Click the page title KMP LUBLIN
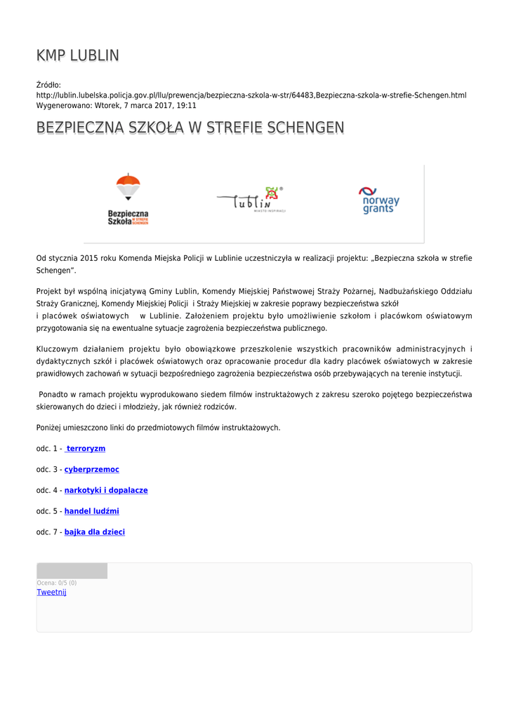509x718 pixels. (78, 55)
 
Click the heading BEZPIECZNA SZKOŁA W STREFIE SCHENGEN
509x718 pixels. (190, 128)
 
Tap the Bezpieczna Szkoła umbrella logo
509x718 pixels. (128, 200)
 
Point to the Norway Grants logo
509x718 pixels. (379, 201)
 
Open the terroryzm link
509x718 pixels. (85, 448)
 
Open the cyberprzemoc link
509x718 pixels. (92, 469)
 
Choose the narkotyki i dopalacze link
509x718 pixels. (106, 490)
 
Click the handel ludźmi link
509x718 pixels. (92, 511)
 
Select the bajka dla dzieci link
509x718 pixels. (95, 532)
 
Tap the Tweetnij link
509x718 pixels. (51, 592)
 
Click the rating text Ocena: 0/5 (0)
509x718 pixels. (57, 583)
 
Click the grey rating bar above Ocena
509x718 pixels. (72, 571)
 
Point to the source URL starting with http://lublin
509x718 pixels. (251, 95)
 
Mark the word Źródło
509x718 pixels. (48, 85)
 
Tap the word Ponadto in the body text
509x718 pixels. (55, 394)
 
